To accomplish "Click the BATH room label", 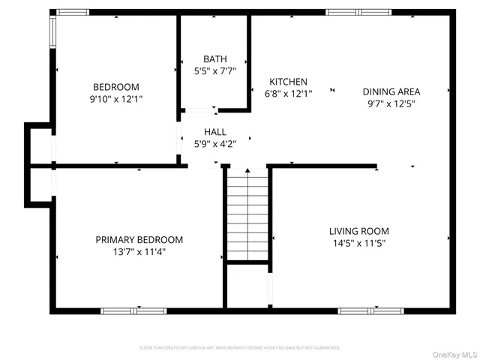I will [x=214, y=59].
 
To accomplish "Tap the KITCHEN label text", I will [x=289, y=82].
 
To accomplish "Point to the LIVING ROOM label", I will [x=358, y=231].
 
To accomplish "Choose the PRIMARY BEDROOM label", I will [x=139, y=240].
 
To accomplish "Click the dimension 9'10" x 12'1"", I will [x=115, y=98].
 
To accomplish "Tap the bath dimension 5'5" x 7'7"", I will [x=214, y=71].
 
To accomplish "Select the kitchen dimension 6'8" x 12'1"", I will [x=289, y=94].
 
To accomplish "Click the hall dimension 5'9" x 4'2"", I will [x=214, y=144].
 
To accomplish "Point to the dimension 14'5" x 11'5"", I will [x=358, y=243].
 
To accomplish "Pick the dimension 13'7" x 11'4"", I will [x=139, y=252].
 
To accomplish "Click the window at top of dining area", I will [x=358, y=12].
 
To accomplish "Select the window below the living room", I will [x=361, y=310].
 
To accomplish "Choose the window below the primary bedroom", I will [x=133, y=310].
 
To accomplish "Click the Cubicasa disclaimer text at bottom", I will [x=240, y=348].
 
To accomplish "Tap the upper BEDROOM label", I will [x=115, y=86].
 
